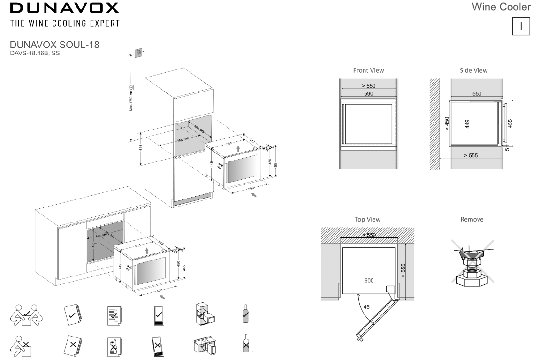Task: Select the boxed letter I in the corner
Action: tap(521, 26)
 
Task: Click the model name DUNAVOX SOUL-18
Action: tap(54, 45)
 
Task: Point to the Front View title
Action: tap(368, 70)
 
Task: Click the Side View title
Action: tap(474, 70)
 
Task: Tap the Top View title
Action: tap(368, 219)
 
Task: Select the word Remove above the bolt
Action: tap(472, 219)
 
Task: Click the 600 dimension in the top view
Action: tap(369, 280)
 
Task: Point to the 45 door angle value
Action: tap(366, 306)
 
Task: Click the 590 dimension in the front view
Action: tap(368, 94)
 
